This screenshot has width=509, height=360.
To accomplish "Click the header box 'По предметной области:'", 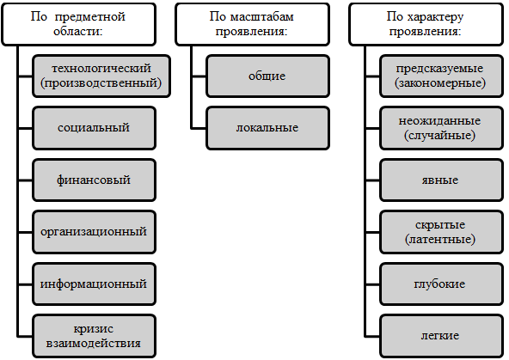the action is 78,24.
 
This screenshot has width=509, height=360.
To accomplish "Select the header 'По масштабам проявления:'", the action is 252,24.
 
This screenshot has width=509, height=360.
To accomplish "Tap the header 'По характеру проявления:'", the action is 426,24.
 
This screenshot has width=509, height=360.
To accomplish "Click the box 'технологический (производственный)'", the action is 101,76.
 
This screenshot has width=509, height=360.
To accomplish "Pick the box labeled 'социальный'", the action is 94,128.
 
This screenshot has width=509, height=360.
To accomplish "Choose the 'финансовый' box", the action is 94,180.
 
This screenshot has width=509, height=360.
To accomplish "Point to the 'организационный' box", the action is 94,232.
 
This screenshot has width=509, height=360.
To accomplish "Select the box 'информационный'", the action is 94,284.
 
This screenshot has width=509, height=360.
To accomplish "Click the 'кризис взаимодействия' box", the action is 94,336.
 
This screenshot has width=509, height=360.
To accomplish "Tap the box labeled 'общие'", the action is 267,76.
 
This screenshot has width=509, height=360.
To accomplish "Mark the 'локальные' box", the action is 267,128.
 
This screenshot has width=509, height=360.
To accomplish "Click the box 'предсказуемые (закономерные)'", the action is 441,76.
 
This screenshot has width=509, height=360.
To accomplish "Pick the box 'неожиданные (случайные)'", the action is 441,128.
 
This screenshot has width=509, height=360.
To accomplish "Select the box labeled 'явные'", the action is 441,180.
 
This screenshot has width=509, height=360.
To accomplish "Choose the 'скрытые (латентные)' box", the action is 441,232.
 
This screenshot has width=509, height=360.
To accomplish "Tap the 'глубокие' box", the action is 441,284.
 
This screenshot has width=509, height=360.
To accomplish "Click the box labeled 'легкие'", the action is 441,336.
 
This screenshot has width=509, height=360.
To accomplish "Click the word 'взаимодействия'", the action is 94,343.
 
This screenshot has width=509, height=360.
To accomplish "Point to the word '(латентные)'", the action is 440,240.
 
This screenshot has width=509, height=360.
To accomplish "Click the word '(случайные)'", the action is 440,135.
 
